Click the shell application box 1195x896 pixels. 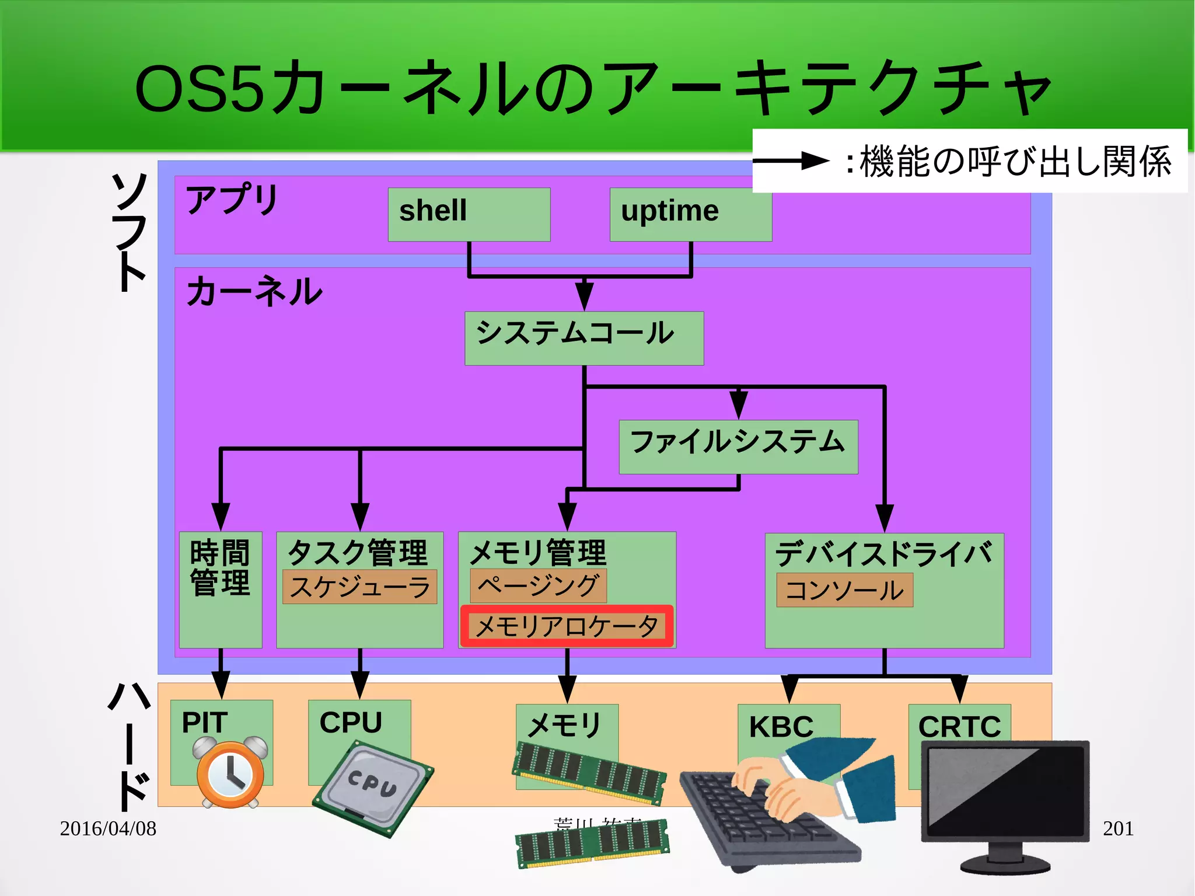[x=469, y=214]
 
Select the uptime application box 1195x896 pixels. [x=690, y=214]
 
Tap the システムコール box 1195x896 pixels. [x=583, y=338]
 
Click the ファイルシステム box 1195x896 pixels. [x=738, y=447]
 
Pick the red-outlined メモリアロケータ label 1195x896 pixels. [x=567, y=626]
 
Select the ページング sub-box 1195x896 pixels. [x=538, y=585]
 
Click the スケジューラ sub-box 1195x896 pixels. [x=359, y=587]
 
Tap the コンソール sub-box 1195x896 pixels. [x=844, y=590]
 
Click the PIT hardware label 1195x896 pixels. [x=204, y=723]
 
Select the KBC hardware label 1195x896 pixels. [x=781, y=727]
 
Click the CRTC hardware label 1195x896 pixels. [x=959, y=727]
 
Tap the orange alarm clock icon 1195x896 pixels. [x=230, y=773]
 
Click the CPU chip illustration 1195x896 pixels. [x=373, y=788]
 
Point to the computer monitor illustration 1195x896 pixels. [x=1005, y=800]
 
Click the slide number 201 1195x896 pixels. [x=1117, y=828]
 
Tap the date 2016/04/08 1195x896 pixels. [x=108, y=828]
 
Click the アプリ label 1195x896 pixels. [x=232, y=199]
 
